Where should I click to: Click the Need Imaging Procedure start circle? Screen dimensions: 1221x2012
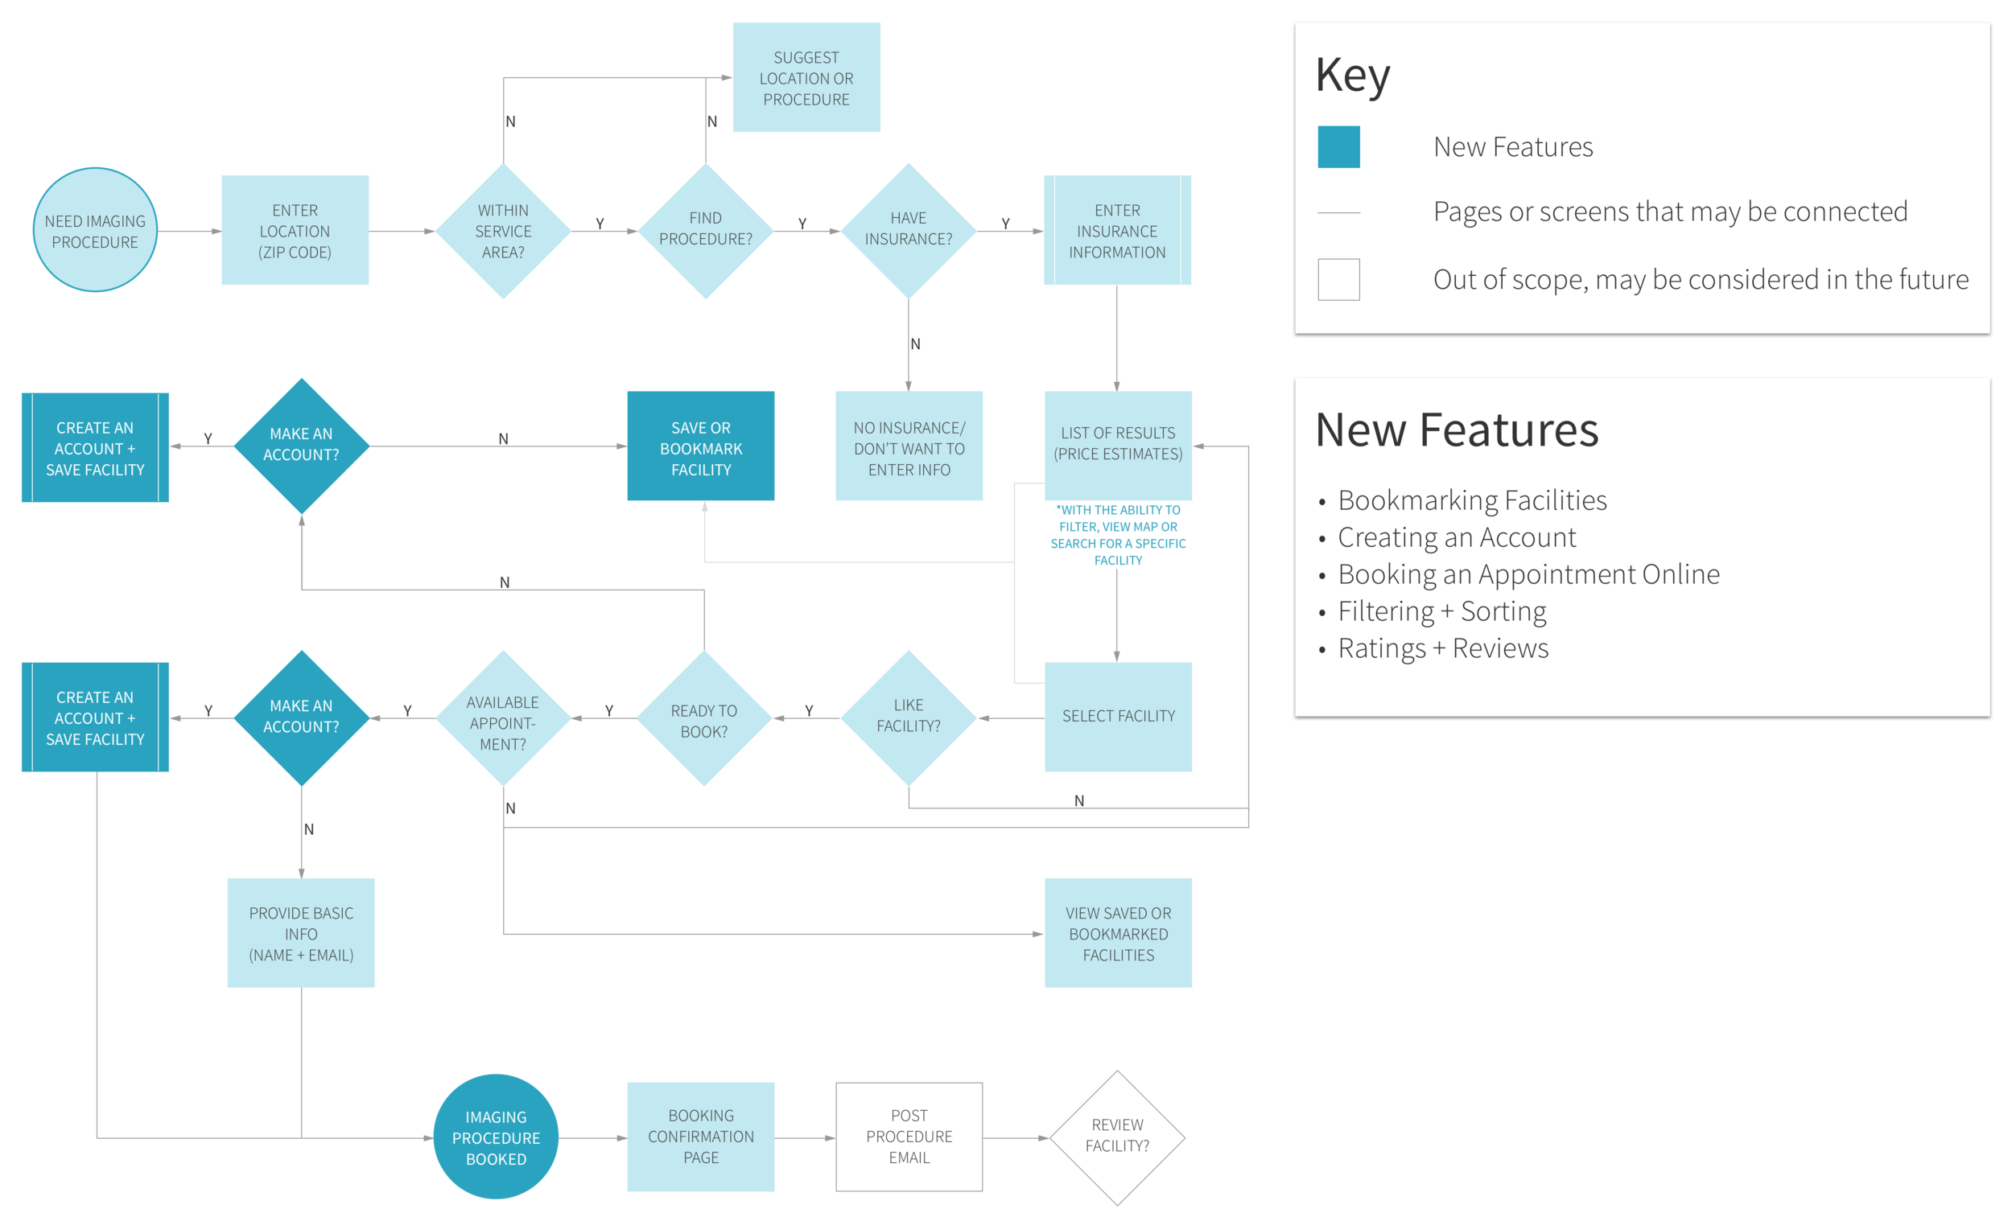pos(95,231)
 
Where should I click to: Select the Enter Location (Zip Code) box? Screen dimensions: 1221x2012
pos(295,231)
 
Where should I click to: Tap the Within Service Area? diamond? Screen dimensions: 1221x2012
pos(503,231)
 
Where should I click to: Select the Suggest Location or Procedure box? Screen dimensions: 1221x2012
pos(806,77)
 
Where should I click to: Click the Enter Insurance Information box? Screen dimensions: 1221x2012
pos(1117,231)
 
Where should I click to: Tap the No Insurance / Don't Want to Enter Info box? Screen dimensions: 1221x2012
pos(909,447)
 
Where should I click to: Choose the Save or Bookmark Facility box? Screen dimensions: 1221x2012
pos(701,447)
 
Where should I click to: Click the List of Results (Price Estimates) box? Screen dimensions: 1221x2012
pos(1117,445)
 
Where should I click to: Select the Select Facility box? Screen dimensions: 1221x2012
pos(1118,717)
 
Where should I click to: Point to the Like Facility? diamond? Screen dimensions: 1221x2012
pos(908,717)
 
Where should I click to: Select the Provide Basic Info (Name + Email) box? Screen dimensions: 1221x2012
pos(300,933)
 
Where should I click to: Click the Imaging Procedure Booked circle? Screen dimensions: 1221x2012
pos(496,1137)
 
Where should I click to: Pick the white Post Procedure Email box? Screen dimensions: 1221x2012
pos(909,1137)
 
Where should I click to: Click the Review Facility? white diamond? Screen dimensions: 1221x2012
pos(1117,1137)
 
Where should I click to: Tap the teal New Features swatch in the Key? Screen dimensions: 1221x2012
pos(1338,147)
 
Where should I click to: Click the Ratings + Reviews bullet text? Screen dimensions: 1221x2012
pos(1442,649)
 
